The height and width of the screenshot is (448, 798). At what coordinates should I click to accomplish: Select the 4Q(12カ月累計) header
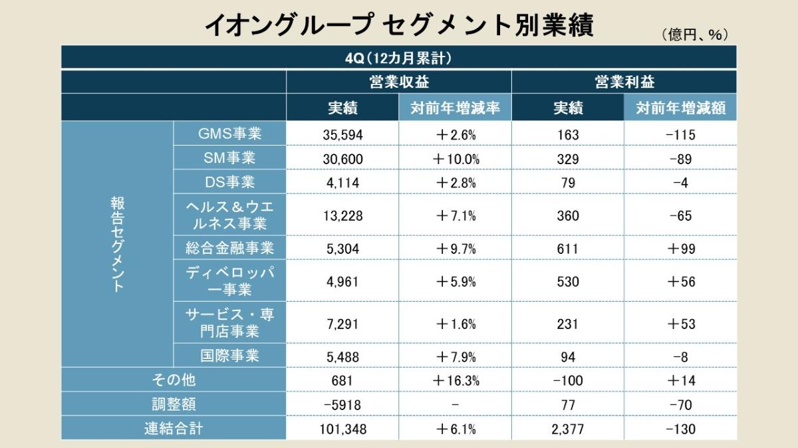coord(398,58)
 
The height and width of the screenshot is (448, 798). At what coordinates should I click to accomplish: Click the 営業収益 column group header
coord(398,82)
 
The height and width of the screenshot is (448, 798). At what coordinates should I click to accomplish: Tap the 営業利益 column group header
coord(624,82)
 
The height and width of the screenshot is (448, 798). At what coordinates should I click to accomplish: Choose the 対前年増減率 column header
coord(455,108)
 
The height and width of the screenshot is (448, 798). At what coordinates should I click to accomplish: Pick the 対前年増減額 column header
coord(680,108)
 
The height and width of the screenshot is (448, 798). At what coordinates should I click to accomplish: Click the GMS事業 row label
coord(229,134)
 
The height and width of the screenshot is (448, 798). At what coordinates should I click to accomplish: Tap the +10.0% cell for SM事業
coord(455,159)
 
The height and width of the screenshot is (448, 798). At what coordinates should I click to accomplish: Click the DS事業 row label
coord(229,181)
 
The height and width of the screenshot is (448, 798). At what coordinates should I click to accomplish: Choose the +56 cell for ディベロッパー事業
coord(680,282)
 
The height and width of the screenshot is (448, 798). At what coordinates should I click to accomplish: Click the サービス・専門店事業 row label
coord(229,322)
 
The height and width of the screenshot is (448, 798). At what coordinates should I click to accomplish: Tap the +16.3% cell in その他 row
coord(455,380)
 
